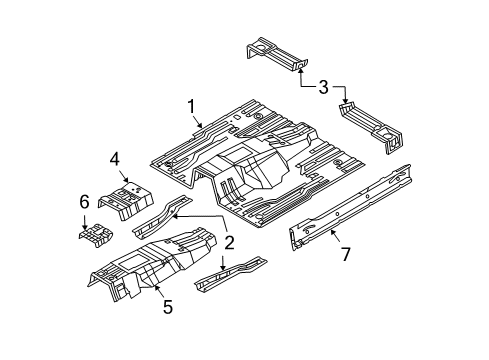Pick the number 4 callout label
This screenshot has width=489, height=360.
(x=116, y=158)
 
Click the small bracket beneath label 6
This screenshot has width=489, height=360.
(x=94, y=238)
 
